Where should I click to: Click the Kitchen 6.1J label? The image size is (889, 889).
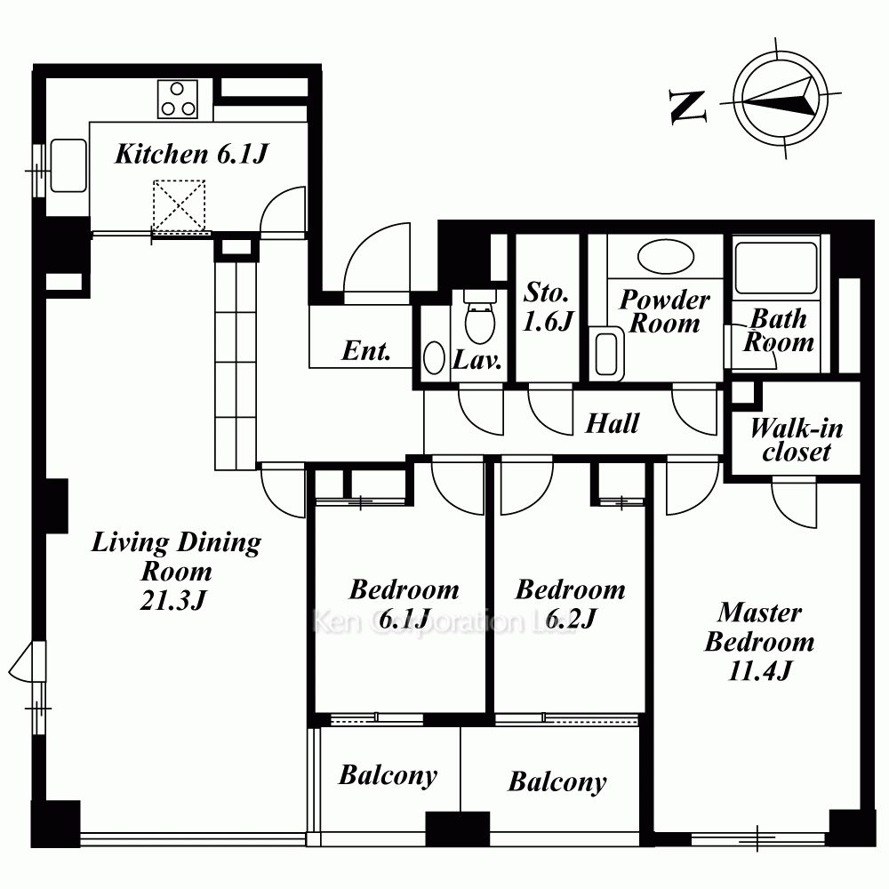point(191,154)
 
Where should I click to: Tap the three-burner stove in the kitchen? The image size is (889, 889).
point(178,99)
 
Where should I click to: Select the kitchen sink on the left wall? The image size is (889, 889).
point(68,165)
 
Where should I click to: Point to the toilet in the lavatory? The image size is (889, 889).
point(480,316)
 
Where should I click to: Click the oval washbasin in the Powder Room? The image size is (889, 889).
point(666,257)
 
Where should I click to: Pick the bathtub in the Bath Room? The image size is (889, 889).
point(776,268)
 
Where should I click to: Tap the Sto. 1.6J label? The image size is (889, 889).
point(548,307)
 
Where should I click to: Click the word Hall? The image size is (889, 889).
point(613,423)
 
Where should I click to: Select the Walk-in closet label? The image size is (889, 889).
point(796,440)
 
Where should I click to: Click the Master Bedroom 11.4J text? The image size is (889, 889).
point(759,641)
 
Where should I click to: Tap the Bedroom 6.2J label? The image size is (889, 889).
point(571,604)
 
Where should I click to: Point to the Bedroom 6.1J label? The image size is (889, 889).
point(404,604)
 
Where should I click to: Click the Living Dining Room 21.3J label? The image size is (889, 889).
point(176,571)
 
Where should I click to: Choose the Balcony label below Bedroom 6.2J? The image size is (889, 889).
point(557,781)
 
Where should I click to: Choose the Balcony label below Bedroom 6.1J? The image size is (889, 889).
point(388,775)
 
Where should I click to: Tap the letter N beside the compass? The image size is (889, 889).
point(688,107)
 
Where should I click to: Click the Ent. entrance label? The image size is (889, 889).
point(366,351)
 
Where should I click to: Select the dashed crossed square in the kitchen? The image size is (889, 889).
point(180,206)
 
